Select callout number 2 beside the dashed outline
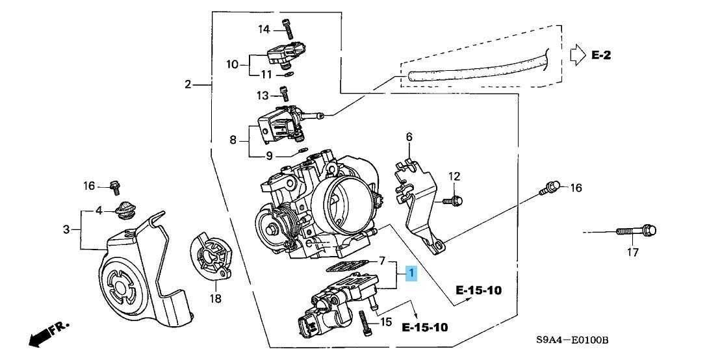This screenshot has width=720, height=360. tap(188, 84)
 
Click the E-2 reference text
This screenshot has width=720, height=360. tap(601, 55)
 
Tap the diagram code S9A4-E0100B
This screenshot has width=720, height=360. tap(573, 340)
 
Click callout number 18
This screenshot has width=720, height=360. tap(215, 299)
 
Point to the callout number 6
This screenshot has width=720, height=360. tap(409, 136)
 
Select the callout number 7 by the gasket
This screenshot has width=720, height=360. tap(382, 261)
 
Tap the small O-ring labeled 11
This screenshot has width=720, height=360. tap(289, 74)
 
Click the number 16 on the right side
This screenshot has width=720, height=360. tap(575, 188)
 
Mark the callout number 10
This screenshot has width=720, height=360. tap(233, 64)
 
